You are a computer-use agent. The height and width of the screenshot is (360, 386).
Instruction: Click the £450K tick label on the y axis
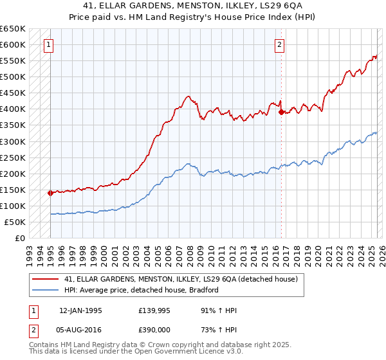pos(13,93)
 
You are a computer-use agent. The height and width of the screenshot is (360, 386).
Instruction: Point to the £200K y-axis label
pos(13,174)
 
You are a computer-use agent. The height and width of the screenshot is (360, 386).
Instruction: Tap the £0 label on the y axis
pos(19,239)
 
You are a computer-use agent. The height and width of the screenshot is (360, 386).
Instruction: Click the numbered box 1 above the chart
pos(50,45)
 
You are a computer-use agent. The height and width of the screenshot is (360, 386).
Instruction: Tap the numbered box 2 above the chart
pos(280,45)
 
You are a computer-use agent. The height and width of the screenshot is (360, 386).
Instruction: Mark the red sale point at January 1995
pos(50,192)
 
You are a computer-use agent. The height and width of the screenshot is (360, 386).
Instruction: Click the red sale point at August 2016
pos(280,112)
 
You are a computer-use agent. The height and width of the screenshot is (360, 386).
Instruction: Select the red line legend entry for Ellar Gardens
pos(181,280)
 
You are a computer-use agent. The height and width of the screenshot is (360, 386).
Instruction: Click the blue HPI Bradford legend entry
pos(142,290)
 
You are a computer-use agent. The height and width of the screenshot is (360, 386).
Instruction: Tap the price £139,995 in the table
pos(153,310)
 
